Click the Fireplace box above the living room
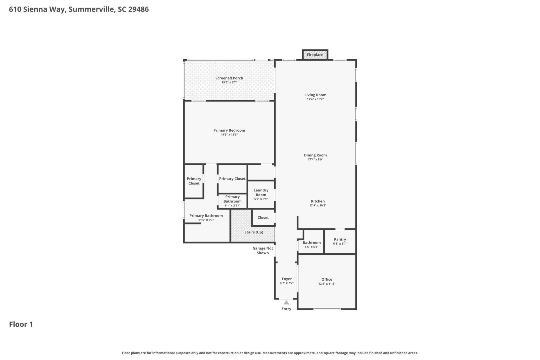point(315,55)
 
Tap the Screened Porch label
point(229,78)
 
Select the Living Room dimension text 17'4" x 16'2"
point(315,99)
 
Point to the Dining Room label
point(315,155)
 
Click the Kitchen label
point(318,201)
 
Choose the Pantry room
point(340,241)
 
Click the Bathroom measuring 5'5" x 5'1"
point(311,244)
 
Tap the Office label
point(327,279)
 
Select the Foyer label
point(287,279)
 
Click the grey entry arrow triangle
point(286,303)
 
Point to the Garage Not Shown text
point(263,251)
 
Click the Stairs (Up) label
point(254,232)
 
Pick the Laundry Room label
point(261,192)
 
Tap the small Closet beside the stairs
point(263,218)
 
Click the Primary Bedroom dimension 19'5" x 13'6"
point(229,135)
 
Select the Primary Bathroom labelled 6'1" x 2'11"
point(232,201)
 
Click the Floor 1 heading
point(21,324)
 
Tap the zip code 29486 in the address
point(138,9)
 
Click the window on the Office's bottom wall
point(327,309)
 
